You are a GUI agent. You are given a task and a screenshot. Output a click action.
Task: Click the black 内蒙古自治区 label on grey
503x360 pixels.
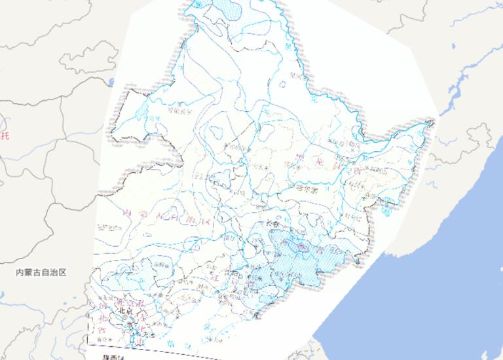(42, 272)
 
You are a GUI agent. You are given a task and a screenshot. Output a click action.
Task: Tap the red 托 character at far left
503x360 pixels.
(6, 135)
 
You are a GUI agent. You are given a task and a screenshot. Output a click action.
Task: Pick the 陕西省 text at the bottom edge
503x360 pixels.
(113, 357)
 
